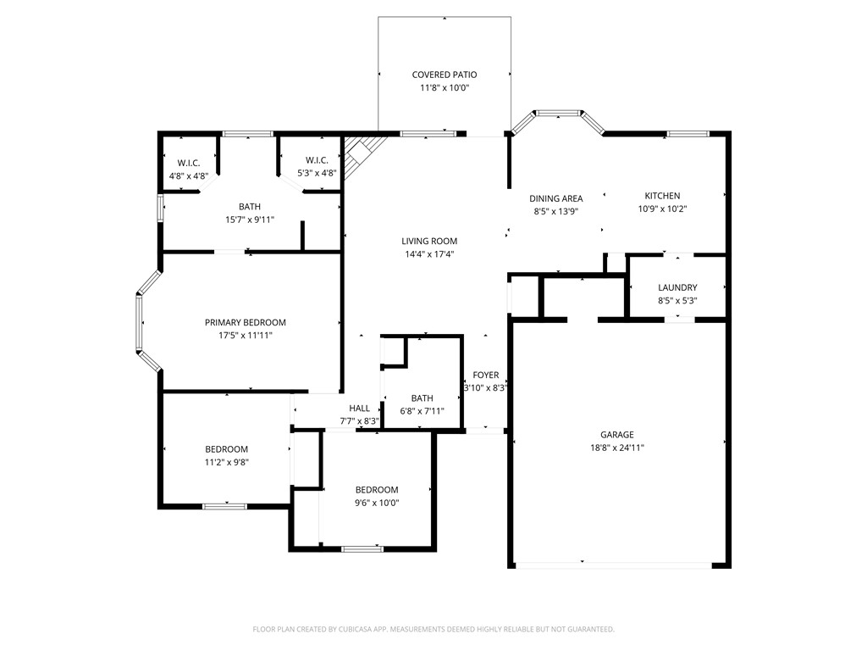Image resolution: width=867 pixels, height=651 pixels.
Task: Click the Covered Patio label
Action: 445,75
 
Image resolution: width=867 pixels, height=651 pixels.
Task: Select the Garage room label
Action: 617,435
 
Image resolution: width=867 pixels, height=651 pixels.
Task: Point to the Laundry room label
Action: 677,287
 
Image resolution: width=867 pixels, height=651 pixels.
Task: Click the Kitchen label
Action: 662,196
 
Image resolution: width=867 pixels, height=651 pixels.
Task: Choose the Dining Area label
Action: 556,198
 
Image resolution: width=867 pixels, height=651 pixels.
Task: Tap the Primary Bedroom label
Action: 246,322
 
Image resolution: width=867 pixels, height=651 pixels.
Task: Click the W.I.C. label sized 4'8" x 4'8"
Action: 188,162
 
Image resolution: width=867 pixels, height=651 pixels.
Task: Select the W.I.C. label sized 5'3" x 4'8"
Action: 318,160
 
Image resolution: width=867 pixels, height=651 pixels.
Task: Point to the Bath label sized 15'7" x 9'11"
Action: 250,206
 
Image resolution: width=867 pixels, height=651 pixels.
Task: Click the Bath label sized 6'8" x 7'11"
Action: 422,398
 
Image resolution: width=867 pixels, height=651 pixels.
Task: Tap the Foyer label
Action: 486,376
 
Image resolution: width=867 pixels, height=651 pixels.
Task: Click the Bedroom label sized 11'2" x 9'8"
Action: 226,449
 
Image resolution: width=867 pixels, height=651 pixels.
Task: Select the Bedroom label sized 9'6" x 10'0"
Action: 377,490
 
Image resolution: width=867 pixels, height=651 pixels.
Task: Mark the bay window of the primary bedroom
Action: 144,321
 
